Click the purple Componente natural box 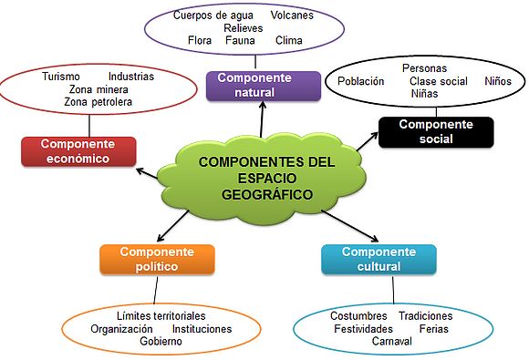pyautogui.click(x=264, y=86)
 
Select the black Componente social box pyautogui.click(x=436, y=132)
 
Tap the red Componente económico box pyautogui.click(x=78, y=151)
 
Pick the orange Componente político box pyautogui.click(x=157, y=259)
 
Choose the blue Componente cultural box pyautogui.click(x=379, y=259)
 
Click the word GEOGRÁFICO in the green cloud pyautogui.click(x=267, y=194)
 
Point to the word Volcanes pyautogui.click(x=292, y=15)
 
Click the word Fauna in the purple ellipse pyautogui.click(x=240, y=40)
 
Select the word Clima pyautogui.click(x=289, y=40)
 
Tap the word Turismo pyautogui.click(x=61, y=77)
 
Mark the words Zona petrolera pyautogui.click(x=99, y=102)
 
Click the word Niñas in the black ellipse pyautogui.click(x=424, y=93)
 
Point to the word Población pyautogui.click(x=360, y=81)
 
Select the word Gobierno pyautogui.click(x=161, y=341)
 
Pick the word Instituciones pyautogui.click(x=202, y=329)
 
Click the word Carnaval pyautogui.click(x=392, y=341)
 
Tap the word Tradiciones pyautogui.click(x=426, y=316)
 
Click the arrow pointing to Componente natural pyautogui.click(x=262, y=119)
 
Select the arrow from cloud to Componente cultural pyautogui.click(x=350, y=226)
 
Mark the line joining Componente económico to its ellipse pyautogui.click(x=89, y=126)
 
